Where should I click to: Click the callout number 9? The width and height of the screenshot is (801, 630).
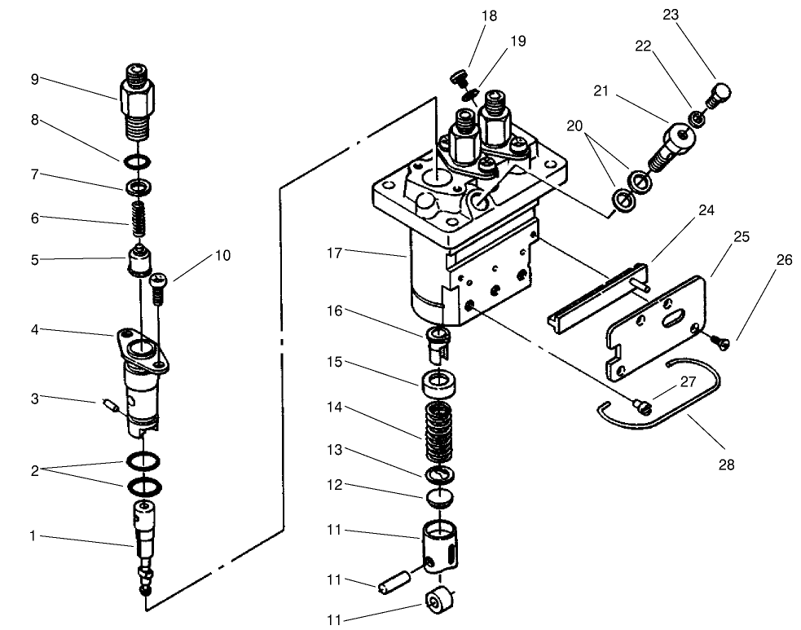tap(33, 79)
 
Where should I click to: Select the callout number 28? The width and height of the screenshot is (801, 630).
tap(726, 465)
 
